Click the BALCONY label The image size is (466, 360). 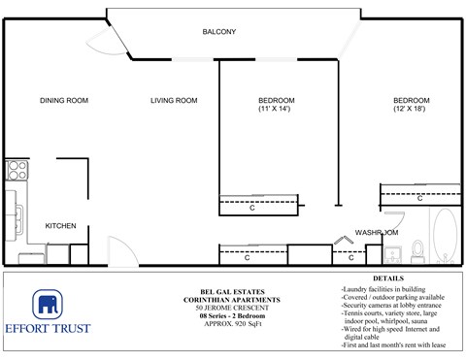pos(218,32)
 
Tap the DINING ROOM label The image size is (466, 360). pos(64,101)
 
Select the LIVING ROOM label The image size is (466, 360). pos(174,101)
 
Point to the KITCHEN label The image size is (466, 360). pos(60,226)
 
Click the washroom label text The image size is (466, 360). pos(376,233)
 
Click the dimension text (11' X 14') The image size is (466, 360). pos(276,110)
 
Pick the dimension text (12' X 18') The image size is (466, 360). pos(410,110)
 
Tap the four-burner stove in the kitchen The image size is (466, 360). pos(17,171)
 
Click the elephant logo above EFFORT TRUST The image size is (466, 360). pos(48,305)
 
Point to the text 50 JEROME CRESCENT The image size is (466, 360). pos(228,309)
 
